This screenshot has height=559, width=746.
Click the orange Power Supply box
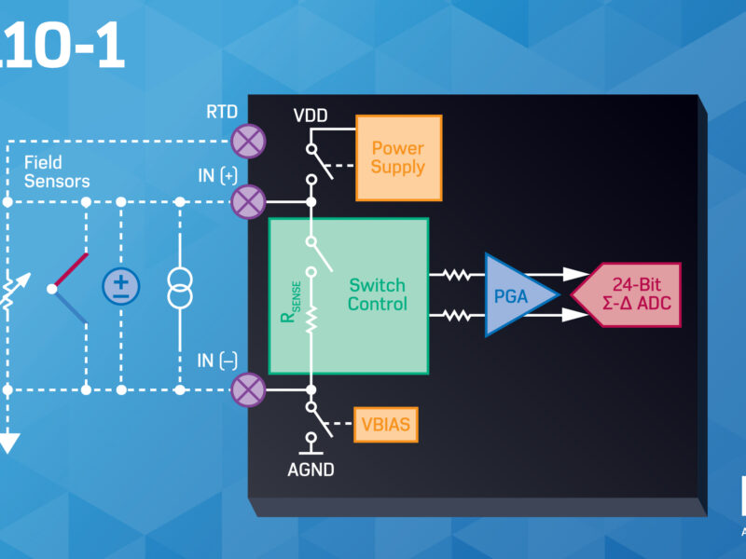pos(398,157)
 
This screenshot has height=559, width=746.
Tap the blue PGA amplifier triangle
pos(517,294)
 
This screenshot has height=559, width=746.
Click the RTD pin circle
pos(248,142)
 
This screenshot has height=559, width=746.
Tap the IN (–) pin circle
pos(248,389)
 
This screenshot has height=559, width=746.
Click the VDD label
pos(311,116)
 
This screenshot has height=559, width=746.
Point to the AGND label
pos(311,470)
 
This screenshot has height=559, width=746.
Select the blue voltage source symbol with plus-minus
pos(120,285)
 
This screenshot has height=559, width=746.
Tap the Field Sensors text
pos(57,171)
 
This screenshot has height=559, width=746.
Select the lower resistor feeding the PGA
pos(457,316)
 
